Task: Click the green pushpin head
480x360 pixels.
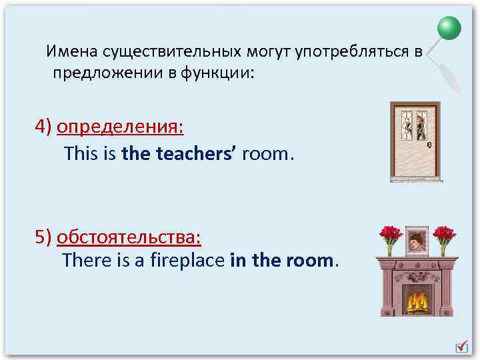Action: tap(449, 29)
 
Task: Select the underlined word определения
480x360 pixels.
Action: tap(121, 127)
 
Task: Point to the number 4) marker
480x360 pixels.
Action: tap(44, 127)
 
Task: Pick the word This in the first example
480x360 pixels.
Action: tap(80, 154)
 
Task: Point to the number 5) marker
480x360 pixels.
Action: tap(44, 237)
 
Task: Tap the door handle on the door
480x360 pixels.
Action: tap(429, 145)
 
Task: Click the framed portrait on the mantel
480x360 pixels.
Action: tap(417, 239)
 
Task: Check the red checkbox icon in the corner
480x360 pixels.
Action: tap(461, 346)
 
